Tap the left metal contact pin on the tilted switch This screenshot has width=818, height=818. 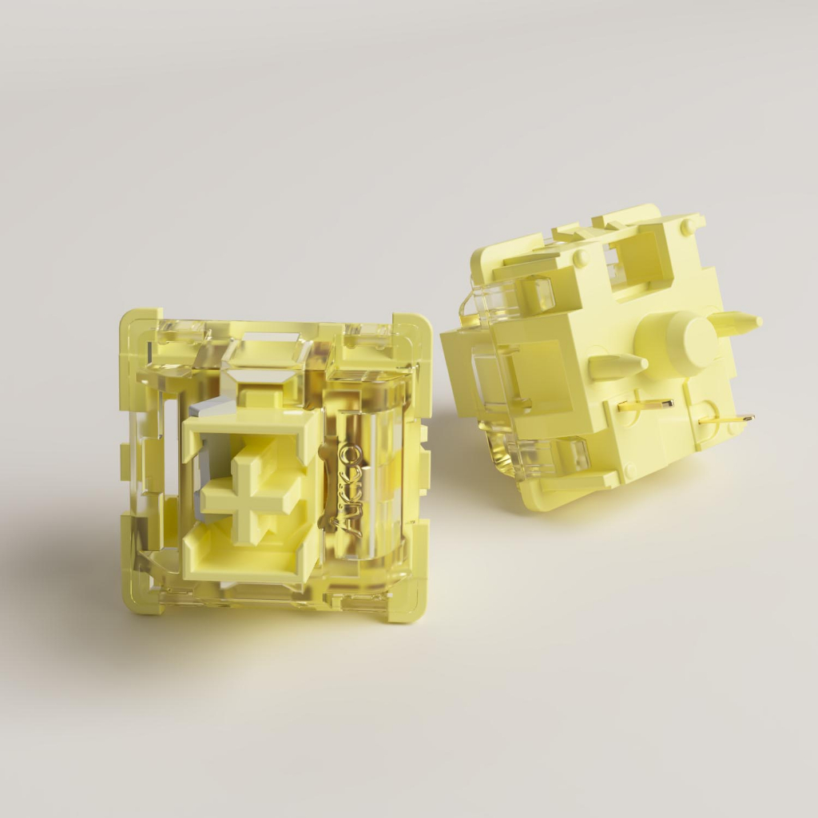[x=644, y=404]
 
